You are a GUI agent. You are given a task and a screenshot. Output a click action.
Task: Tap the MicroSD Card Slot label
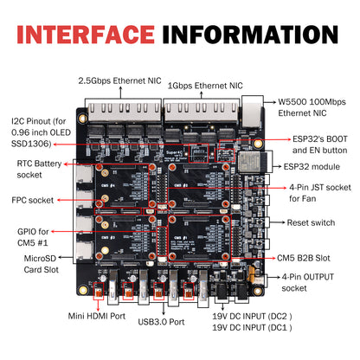tap(37, 262)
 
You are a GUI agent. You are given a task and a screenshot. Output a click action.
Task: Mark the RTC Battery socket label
tap(34, 169)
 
